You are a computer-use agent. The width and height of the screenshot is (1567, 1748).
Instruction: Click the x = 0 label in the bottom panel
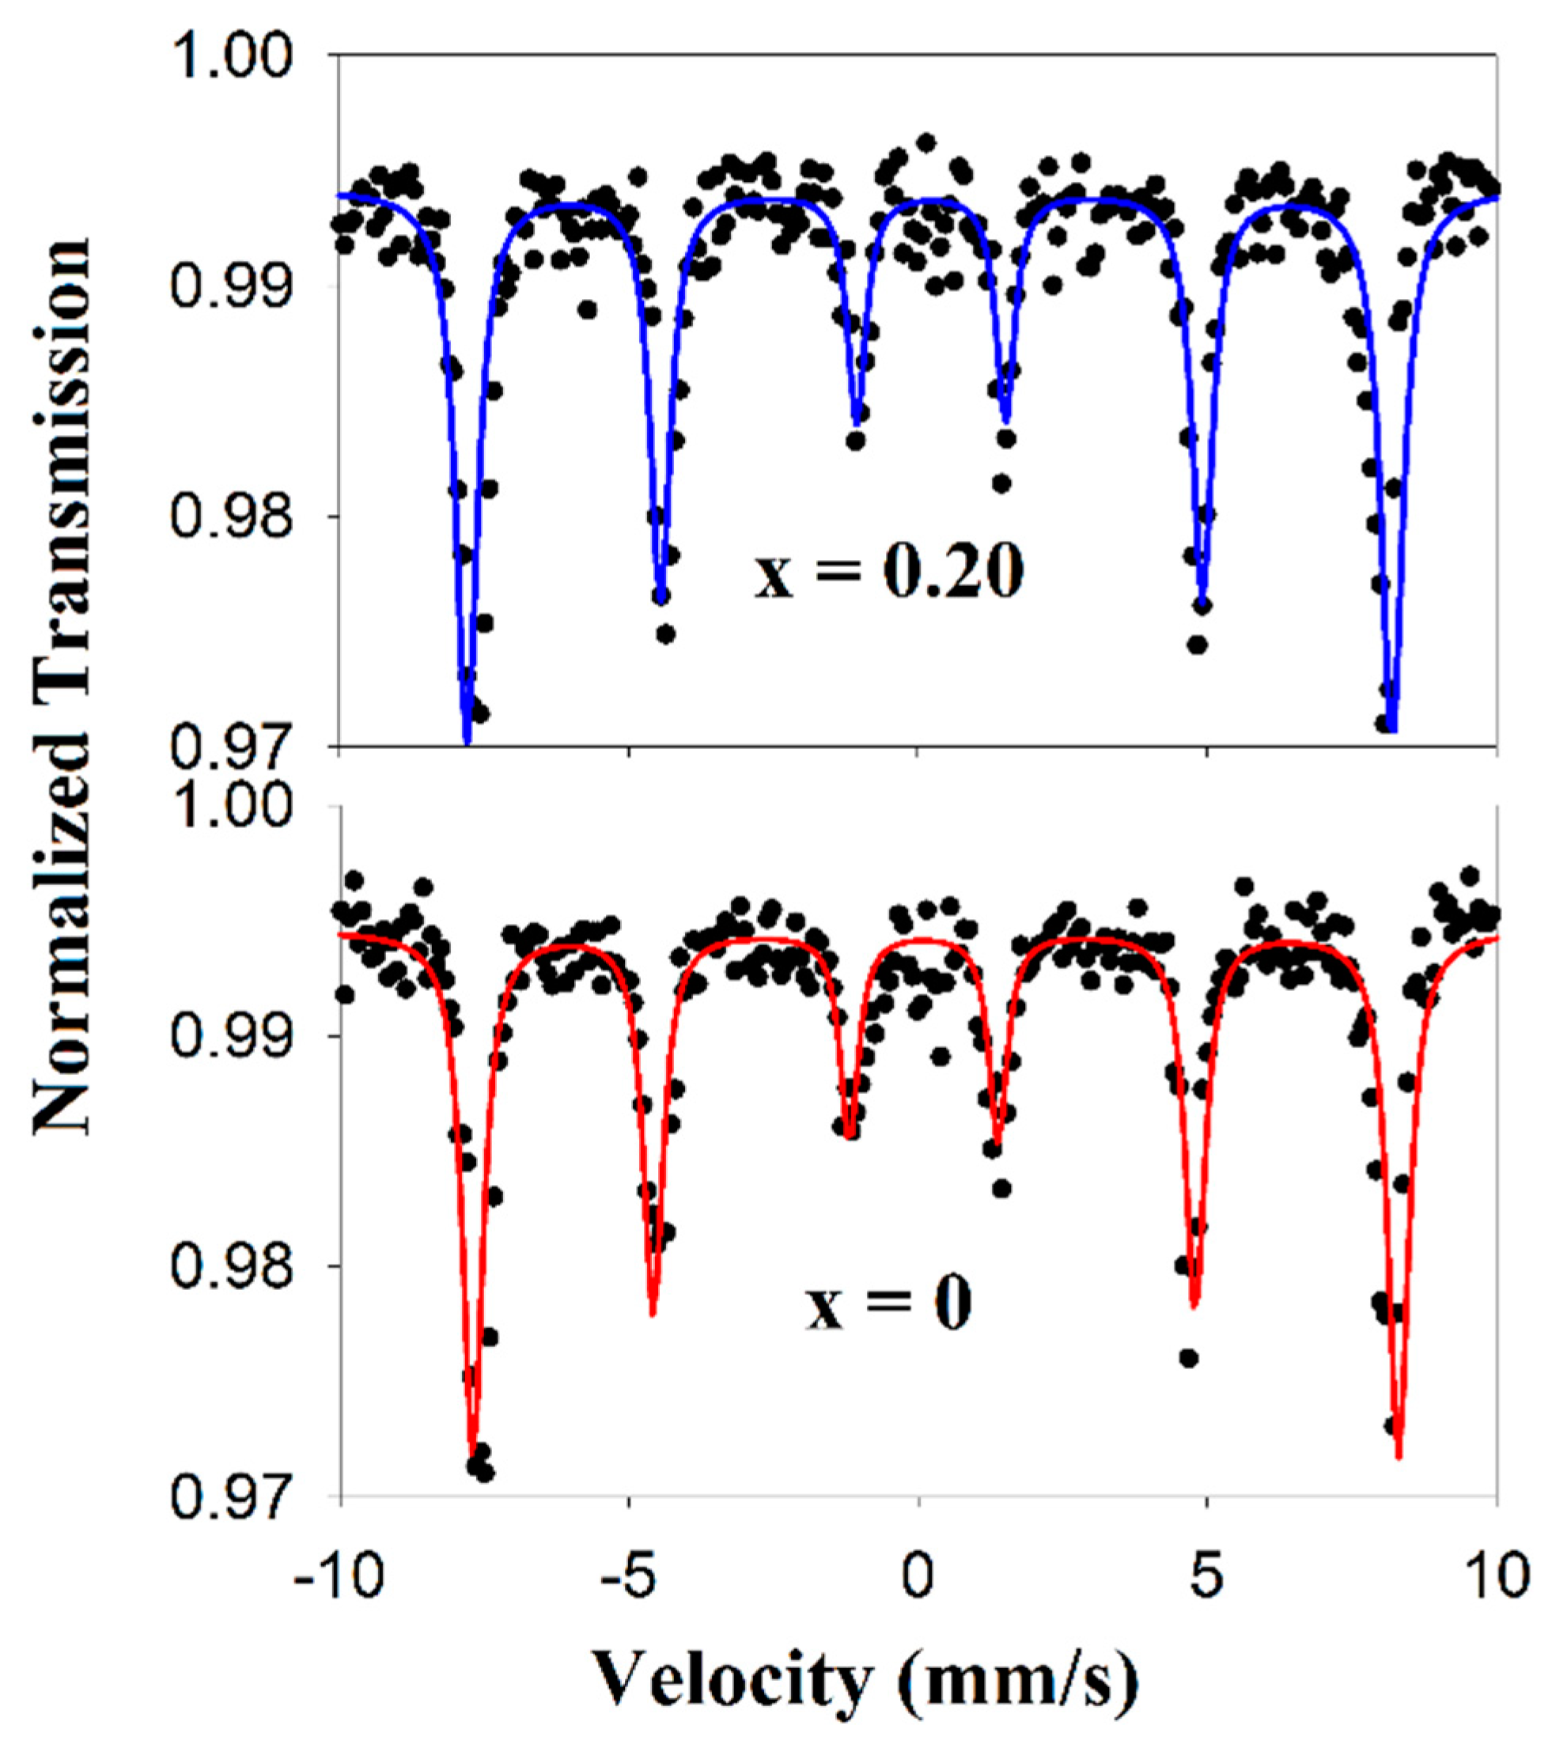pyautogui.click(x=888, y=1303)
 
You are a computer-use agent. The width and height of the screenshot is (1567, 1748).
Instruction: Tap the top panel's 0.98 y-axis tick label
pyautogui.click(x=243, y=516)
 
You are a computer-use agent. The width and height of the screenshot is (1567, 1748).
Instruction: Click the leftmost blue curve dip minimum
pyautogui.click(x=467, y=742)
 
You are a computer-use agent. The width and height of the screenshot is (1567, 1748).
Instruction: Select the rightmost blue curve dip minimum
pyautogui.click(x=1392, y=730)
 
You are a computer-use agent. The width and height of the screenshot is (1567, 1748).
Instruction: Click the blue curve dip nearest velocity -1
pyautogui.click(x=857, y=424)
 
